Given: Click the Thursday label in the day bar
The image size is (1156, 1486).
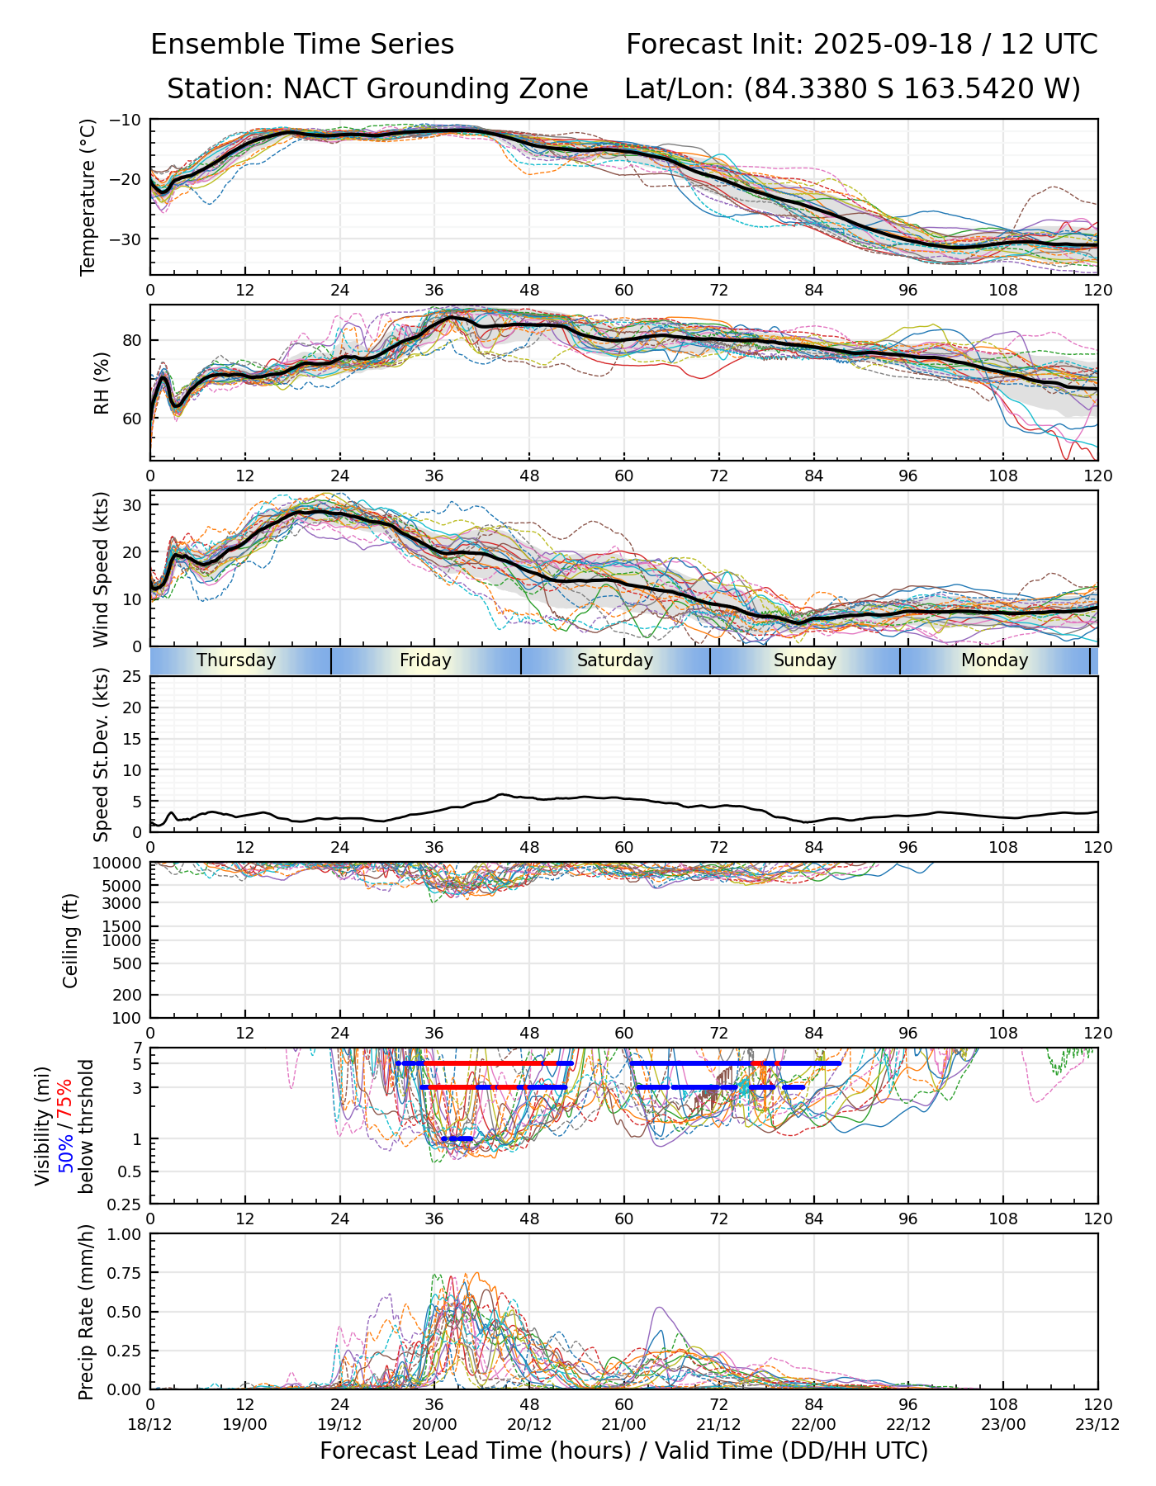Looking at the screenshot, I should [236, 660].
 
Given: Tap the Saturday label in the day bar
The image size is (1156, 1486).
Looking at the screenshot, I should [615, 660].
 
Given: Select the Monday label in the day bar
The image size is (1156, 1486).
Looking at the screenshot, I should [995, 660].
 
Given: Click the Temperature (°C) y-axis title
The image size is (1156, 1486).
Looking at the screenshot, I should [88, 196].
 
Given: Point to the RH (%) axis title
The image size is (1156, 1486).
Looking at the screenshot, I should [102, 383].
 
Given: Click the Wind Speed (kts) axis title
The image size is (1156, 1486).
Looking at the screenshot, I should [101, 569].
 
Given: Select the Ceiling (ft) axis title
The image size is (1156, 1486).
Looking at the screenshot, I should [71, 940].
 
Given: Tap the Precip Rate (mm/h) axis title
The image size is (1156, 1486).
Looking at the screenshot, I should [86, 1311].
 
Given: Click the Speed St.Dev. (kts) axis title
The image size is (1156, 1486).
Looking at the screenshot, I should [101, 755].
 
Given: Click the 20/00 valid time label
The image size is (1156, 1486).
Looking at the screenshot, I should [434, 1424].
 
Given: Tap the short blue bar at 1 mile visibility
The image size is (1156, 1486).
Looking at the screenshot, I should [457, 1138].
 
